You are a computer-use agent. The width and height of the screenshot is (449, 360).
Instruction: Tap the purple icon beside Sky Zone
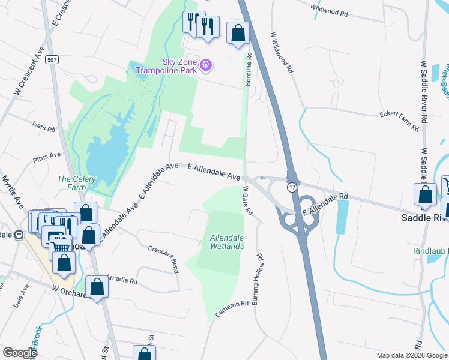point(206,64)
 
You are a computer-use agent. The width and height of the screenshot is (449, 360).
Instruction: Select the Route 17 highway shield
point(292,188)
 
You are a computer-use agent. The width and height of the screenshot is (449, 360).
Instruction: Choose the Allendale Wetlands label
point(226,242)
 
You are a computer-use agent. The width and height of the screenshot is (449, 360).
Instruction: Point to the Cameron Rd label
point(232,310)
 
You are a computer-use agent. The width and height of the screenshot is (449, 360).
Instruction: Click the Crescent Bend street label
point(163,259)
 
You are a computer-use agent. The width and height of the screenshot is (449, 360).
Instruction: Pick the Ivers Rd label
point(43,127)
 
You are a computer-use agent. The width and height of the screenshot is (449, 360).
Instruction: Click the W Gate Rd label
point(247,201)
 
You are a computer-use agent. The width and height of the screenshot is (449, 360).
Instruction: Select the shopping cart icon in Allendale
point(59,245)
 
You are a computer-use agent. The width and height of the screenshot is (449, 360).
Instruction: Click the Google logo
point(20,353)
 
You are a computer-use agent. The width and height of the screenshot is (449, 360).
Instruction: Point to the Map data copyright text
point(411,355)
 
